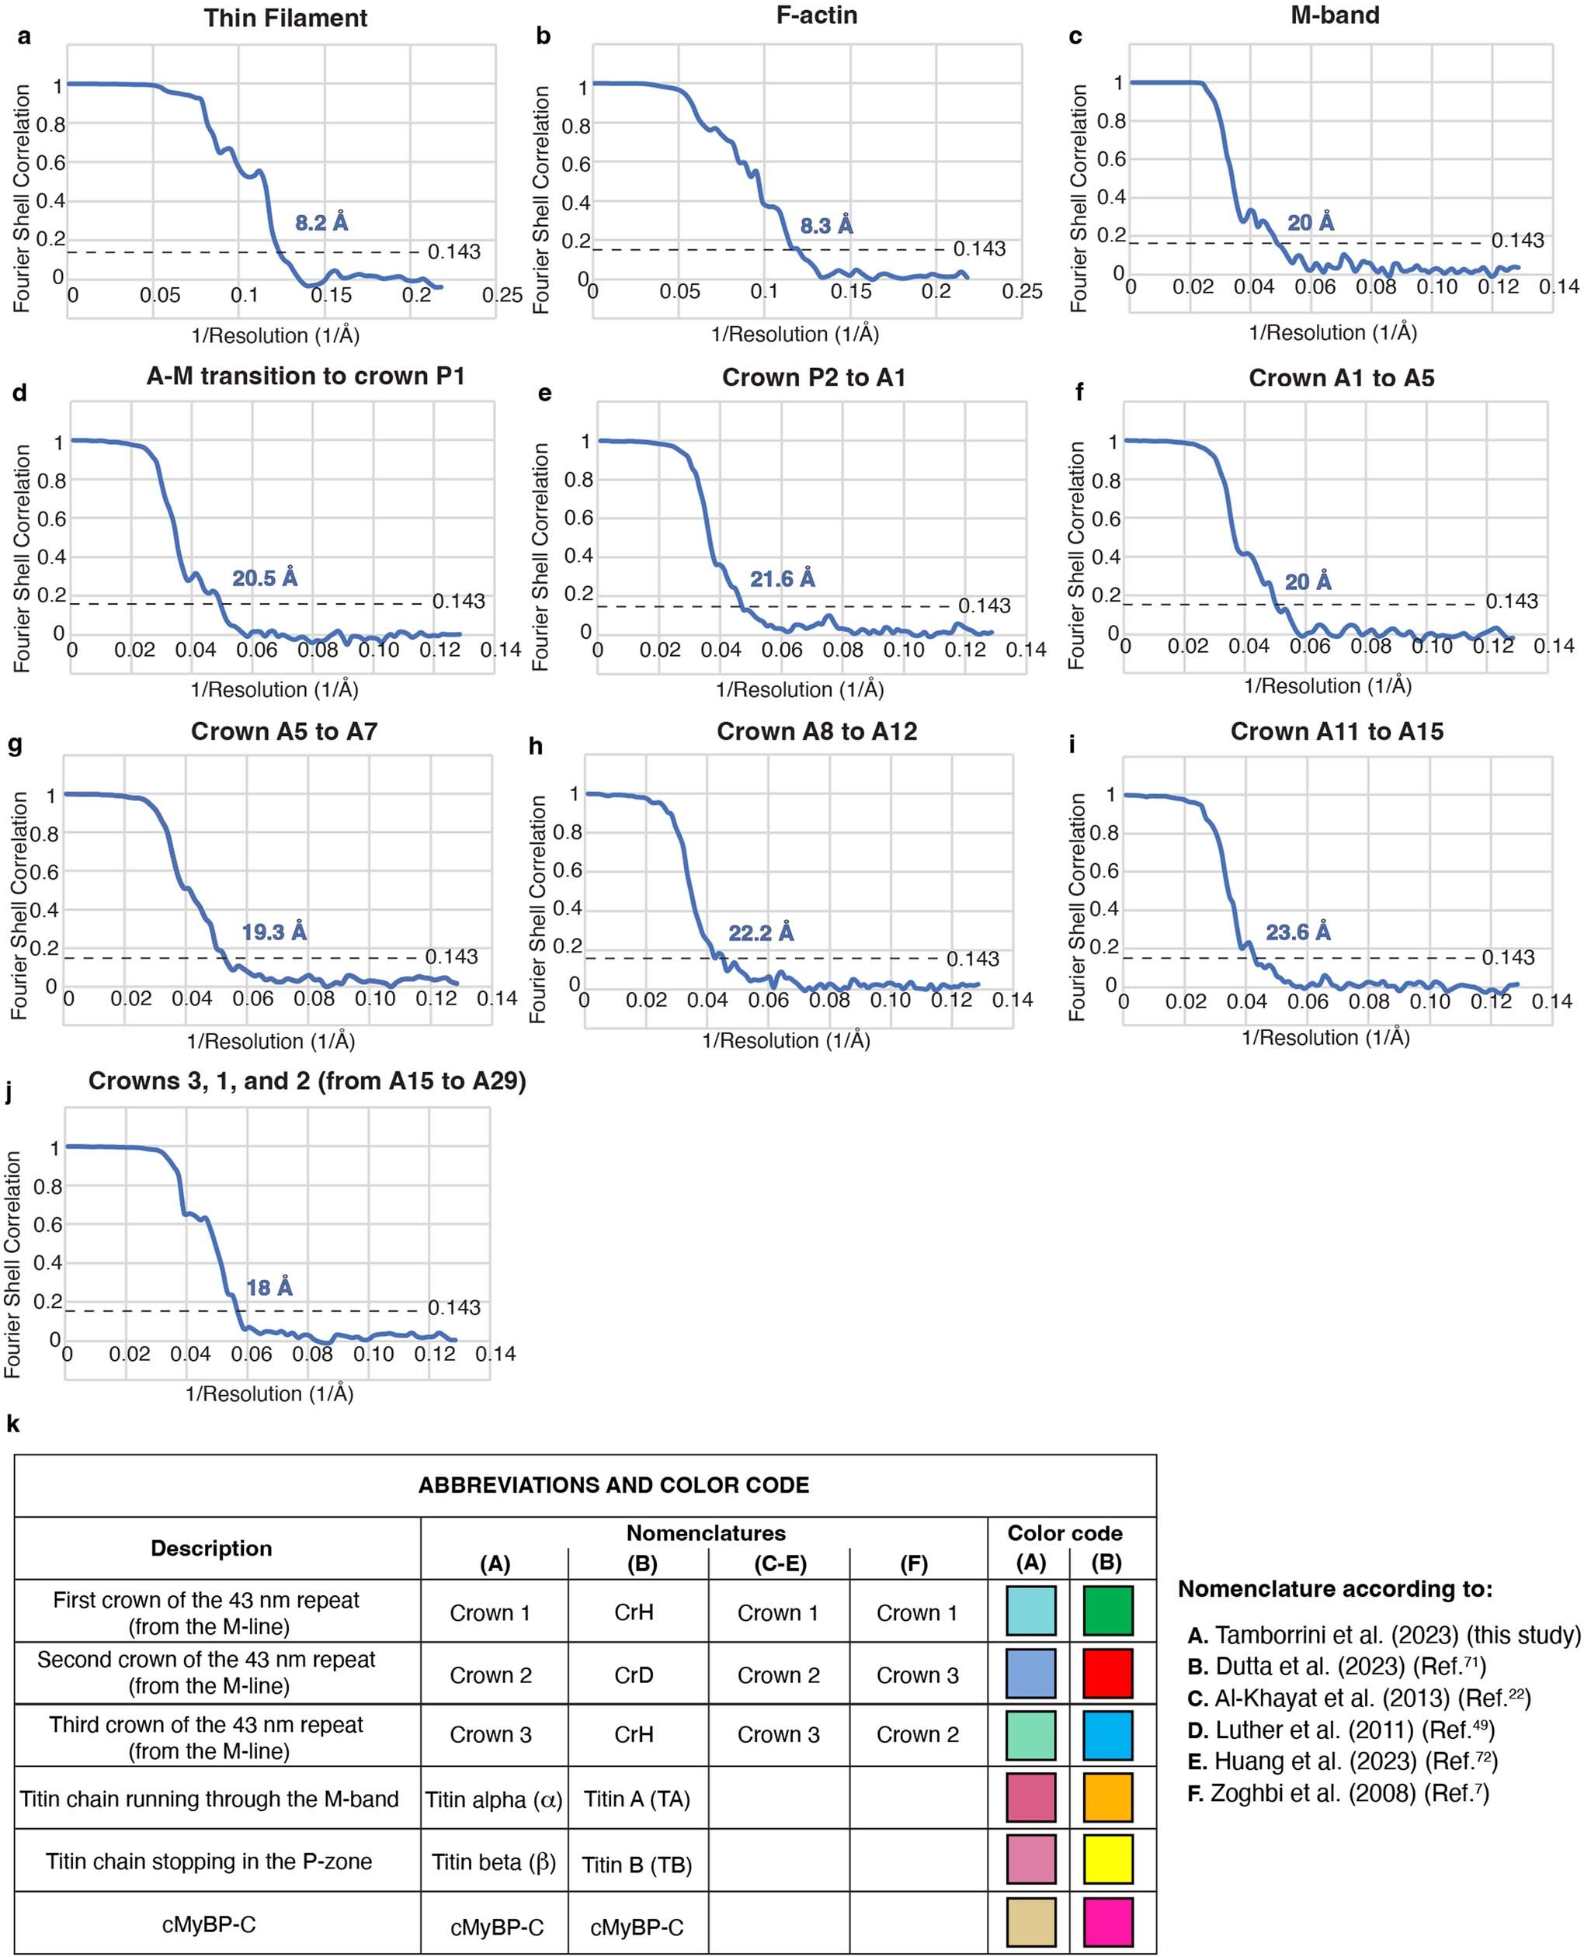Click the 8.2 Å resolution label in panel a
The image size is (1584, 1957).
point(321,223)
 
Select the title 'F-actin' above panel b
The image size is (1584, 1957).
point(817,16)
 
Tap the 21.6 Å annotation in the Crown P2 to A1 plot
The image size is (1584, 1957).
point(782,578)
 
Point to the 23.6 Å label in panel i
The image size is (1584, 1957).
point(1297,932)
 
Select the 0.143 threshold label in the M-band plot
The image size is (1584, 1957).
point(1517,240)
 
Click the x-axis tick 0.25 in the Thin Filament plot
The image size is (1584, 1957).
point(502,295)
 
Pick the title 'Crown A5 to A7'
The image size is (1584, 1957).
point(283,732)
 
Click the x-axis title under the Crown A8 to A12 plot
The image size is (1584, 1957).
point(786,1040)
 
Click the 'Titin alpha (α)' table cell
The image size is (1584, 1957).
point(494,1799)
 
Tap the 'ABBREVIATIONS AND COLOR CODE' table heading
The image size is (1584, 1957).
point(613,1485)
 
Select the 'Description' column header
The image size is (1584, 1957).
point(210,1548)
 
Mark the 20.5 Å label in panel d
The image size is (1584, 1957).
point(265,578)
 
